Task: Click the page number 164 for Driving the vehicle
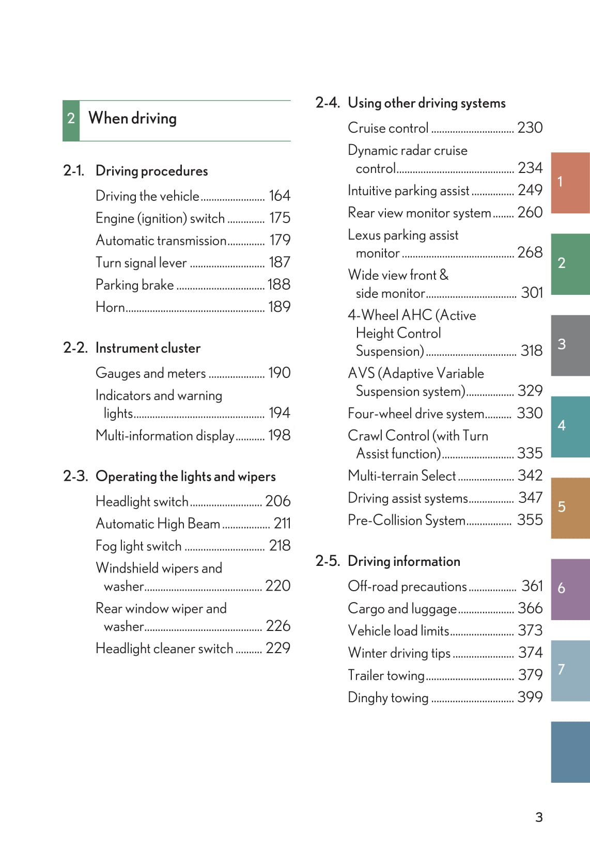280,196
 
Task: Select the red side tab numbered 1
570,182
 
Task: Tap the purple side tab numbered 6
570,589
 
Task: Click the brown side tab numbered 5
570,508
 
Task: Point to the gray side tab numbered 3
570,345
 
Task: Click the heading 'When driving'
132,119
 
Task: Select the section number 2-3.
75,476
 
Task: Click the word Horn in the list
110,307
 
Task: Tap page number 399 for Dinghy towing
530,697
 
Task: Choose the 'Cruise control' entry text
388,128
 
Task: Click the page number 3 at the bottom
539,817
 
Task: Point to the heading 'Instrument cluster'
148,348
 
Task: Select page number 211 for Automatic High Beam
282,524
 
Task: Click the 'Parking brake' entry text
134,285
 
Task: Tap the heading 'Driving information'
404,561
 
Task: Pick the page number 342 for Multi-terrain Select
530,476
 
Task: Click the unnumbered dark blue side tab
570,752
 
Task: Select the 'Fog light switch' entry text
138,546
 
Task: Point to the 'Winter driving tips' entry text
399,653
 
